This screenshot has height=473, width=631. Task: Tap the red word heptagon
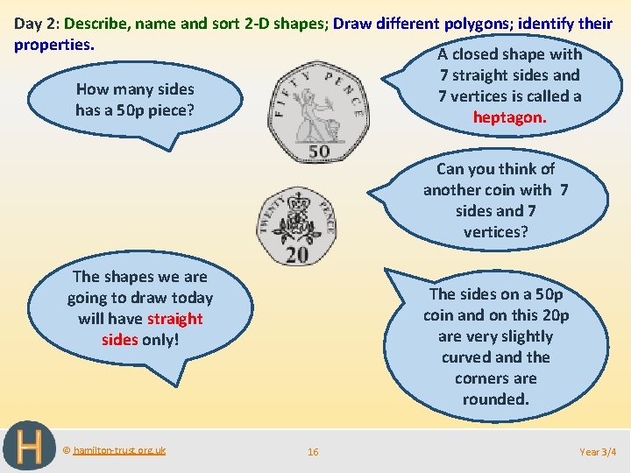pos(509,116)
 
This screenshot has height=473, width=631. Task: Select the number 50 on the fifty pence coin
pos(319,151)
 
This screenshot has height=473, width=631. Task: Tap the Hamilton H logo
pos(29,447)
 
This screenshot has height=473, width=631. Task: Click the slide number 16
pos(313,452)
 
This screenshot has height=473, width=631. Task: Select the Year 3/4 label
pos(598,452)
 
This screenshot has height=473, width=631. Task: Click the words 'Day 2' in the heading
pos(34,24)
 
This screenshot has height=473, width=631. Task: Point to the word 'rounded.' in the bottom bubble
pos(495,399)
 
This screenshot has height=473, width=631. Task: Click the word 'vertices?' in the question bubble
pos(495,231)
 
